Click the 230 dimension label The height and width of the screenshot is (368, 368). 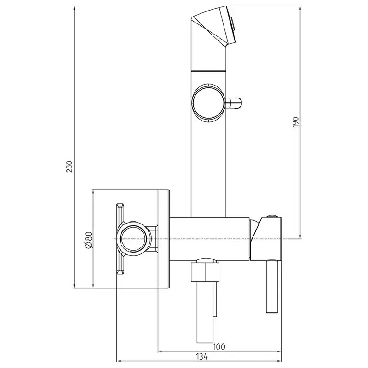click(69, 167)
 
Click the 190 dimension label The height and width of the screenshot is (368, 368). click(296, 122)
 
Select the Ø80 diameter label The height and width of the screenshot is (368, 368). click(89, 239)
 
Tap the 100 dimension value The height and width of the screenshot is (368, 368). click(219, 346)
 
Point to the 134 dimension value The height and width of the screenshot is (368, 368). click(201, 356)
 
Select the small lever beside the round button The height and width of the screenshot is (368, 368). click(233, 103)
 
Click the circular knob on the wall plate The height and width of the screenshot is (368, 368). click(133, 239)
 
